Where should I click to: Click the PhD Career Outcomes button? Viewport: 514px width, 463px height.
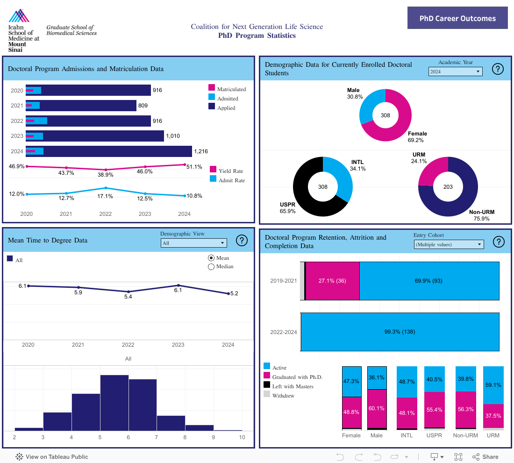(x=457, y=18)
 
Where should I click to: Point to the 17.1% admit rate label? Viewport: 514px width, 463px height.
(x=106, y=196)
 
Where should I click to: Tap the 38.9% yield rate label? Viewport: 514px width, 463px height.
(x=106, y=174)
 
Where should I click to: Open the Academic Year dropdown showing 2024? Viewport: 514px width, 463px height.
(x=455, y=71)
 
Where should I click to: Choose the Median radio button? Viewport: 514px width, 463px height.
(x=211, y=267)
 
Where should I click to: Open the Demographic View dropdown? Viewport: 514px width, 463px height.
(x=193, y=243)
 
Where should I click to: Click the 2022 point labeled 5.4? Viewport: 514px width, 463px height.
(x=128, y=292)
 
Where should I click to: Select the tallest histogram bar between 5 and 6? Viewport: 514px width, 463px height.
(x=114, y=402)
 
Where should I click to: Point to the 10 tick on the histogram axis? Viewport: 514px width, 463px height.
(x=242, y=437)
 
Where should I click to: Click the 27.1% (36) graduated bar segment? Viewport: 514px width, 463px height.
(x=332, y=281)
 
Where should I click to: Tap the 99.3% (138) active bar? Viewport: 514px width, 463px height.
(x=400, y=332)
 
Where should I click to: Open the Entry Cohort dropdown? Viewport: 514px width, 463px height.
(x=449, y=244)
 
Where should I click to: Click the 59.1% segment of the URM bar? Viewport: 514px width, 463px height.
(x=493, y=385)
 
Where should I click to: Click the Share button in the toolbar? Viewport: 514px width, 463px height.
(x=485, y=457)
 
